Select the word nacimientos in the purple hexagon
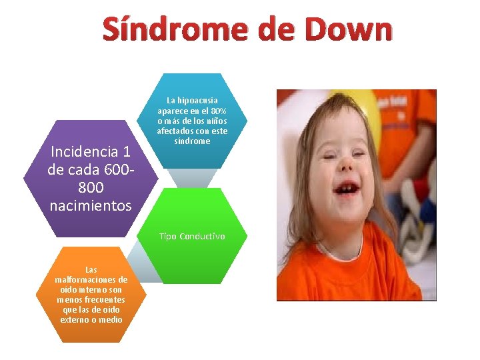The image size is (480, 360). [91, 206]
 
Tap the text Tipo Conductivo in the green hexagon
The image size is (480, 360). [192, 237]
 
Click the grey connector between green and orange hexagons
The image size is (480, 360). [143, 264]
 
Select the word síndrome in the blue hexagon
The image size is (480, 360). [192, 141]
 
